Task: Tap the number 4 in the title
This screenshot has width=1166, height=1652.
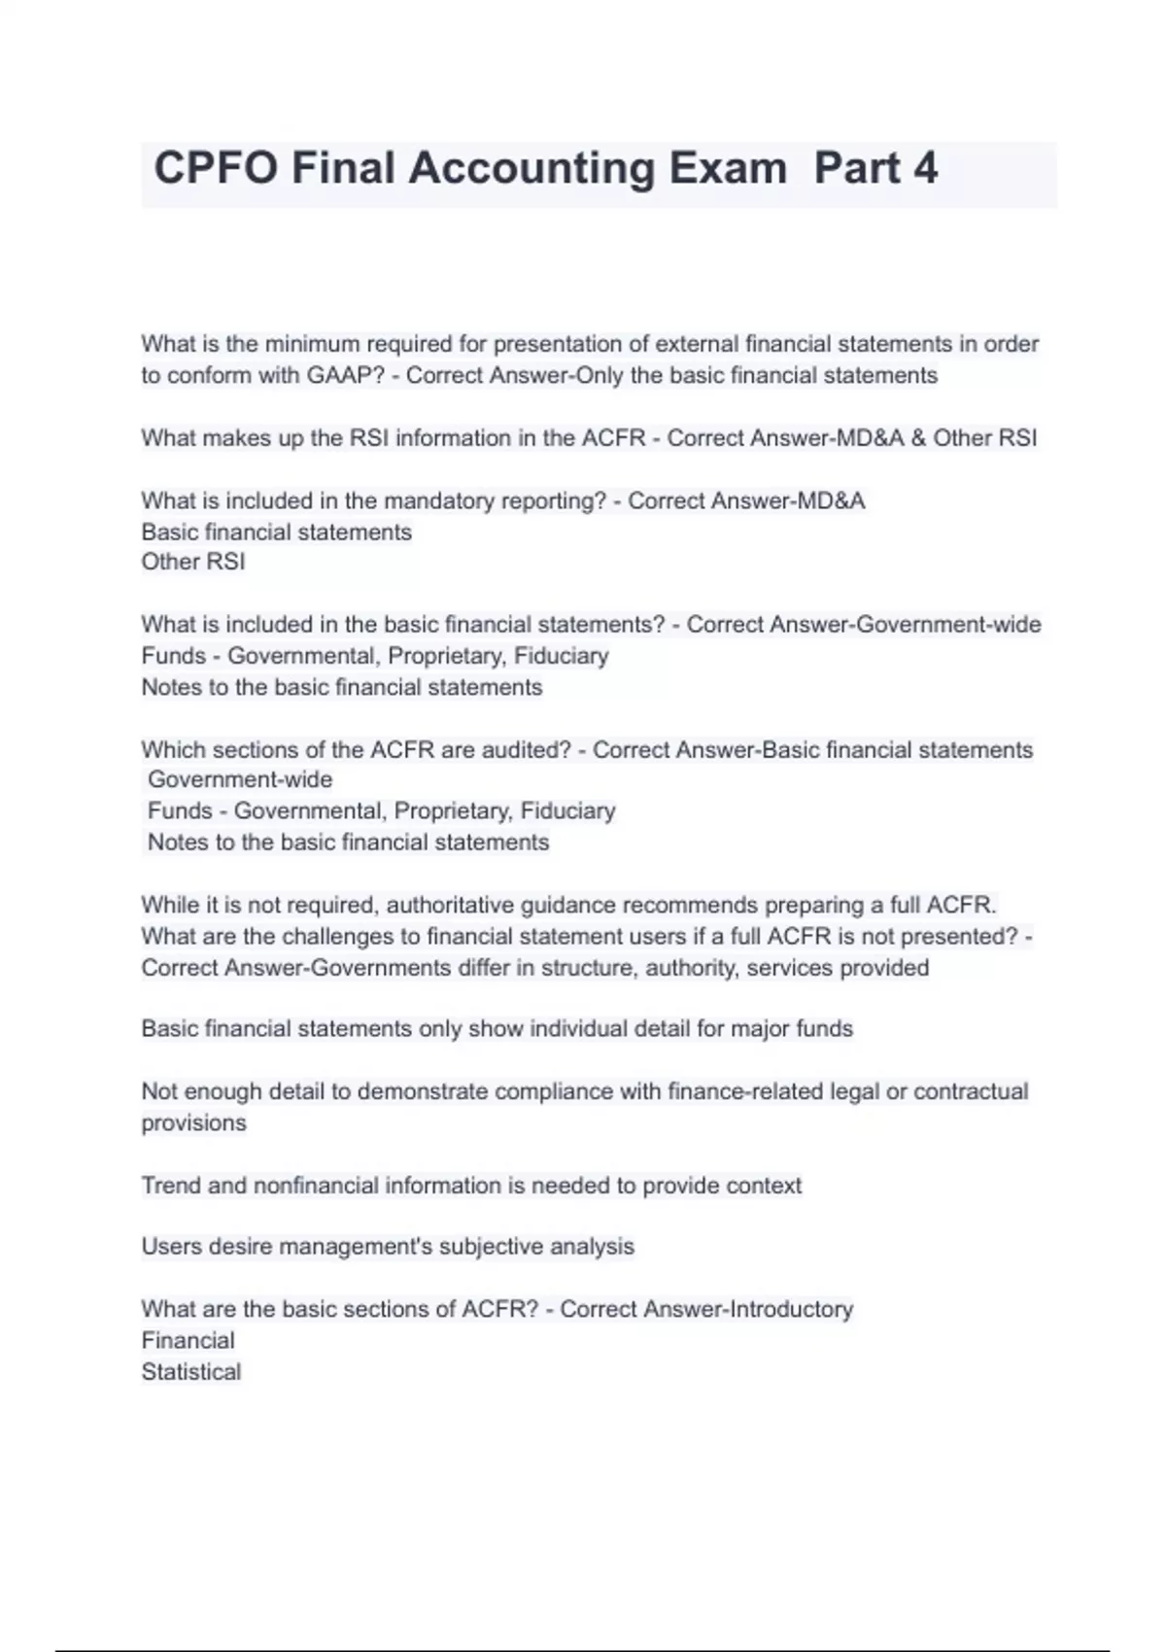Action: [925, 168]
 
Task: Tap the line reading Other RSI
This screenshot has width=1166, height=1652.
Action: [193, 562]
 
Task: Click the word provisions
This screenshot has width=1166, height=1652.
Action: [193, 1122]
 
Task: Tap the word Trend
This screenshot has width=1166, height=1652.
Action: [170, 1186]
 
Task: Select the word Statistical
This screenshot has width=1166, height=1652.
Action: [190, 1371]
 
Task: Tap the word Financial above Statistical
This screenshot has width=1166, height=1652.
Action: [188, 1340]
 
